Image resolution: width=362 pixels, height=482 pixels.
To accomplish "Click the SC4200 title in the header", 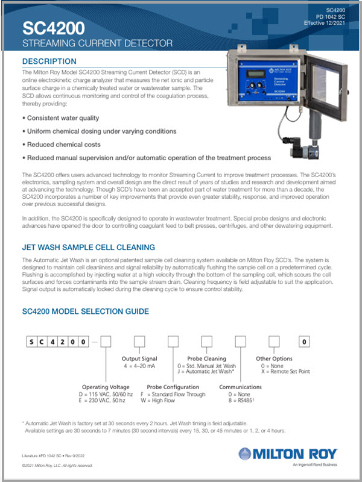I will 54,27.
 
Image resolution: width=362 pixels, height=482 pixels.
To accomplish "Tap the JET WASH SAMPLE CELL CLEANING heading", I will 88,247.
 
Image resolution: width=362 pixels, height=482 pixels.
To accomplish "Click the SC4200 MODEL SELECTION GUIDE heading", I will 86,311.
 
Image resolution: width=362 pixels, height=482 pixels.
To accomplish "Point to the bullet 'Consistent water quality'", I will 61,118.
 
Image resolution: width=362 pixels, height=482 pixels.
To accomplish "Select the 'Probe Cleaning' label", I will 206,358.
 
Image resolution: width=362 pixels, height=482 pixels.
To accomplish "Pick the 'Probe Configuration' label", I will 174,387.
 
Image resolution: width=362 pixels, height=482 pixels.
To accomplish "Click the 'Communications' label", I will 240,387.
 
